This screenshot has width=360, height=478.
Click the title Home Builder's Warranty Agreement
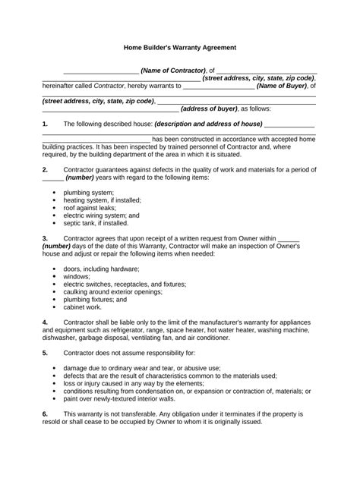click(x=180, y=47)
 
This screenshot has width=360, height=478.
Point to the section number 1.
click(x=46, y=124)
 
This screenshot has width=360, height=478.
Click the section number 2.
click(x=46, y=169)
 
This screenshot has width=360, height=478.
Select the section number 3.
click(x=46, y=238)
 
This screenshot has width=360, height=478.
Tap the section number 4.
click(x=46, y=322)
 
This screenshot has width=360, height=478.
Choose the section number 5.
click(x=46, y=353)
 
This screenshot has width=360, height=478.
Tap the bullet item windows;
click(x=79, y=277)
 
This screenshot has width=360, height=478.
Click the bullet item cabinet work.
click(x=84, y=307)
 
